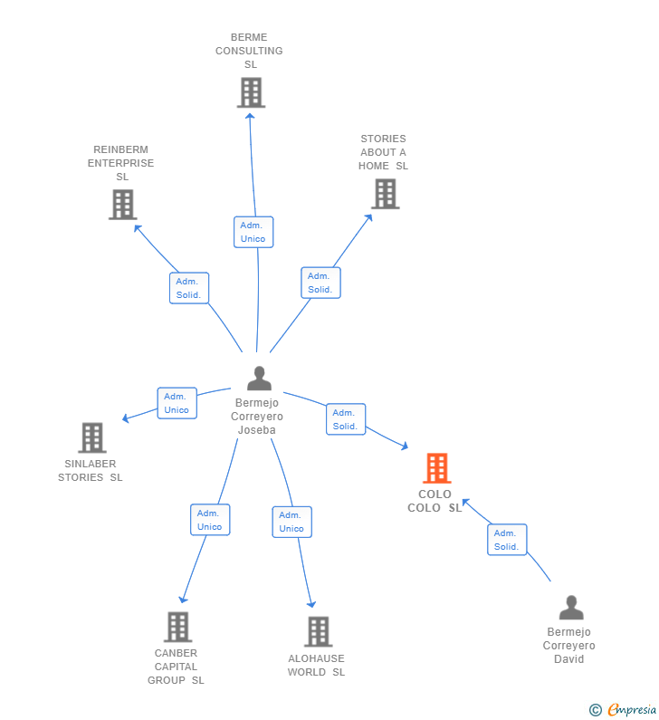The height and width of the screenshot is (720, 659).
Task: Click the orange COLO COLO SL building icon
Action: coord(436,468)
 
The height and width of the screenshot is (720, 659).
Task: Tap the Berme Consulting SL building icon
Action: coord(251,92)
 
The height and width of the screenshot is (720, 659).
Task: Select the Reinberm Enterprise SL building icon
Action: coord(122,205)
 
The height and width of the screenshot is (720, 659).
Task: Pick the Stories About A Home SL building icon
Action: coord(385,194)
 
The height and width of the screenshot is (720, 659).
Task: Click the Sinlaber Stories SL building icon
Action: coord(91,437)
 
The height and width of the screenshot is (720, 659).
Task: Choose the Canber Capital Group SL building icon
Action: coord(177,627)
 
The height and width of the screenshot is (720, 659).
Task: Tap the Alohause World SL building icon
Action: coord(318,631)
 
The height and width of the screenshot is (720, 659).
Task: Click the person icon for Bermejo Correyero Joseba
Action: coord(259,379)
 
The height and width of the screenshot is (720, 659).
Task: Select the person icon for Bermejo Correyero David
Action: coord(570,608)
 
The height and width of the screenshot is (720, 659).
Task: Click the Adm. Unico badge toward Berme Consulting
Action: coord(253,232)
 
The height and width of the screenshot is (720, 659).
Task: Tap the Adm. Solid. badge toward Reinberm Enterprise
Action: coord(189,288)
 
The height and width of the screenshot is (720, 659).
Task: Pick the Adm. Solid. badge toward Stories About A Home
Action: coord(320,283)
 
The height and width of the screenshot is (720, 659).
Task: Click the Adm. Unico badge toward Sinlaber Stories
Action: coord(177,403)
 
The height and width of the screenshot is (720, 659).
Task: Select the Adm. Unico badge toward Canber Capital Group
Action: coord(210,520)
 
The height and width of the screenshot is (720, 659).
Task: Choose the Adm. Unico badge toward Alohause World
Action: coord(291,522)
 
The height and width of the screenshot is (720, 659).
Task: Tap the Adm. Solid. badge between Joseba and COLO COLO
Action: coord(345,419)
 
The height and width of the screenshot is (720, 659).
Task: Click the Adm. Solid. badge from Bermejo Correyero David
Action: coord(506,540)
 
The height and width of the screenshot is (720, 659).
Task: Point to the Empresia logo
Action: coord(623,710)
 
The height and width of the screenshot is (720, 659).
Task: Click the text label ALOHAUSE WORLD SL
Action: coord(316,665)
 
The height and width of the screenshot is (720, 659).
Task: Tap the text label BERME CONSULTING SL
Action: coord(249,51)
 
